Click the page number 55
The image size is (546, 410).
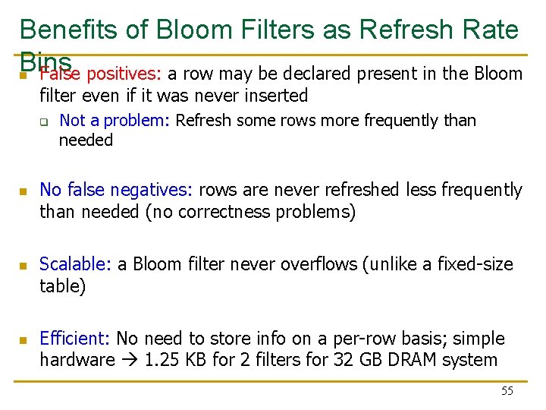pyautogui.click(x=507, y=391)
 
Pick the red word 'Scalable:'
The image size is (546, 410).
pyautogui.click(x=75, y=264)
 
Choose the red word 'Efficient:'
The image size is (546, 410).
pyautogui.click(x=75, y=339)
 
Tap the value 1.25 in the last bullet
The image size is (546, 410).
pyautogui.click(x=158, y=361)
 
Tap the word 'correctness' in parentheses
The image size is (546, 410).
pyautogui.click(x=192, y=212)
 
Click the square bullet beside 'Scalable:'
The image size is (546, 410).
pyautogui.click(x=24, y=266)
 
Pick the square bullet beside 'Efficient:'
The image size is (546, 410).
pyautogui.click(x=24, y=340)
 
